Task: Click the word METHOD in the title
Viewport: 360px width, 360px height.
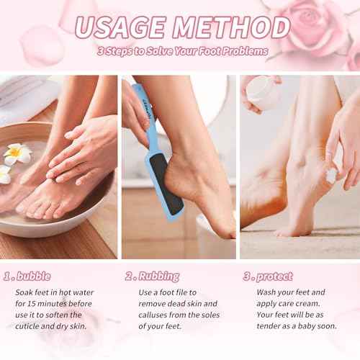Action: tap(228, 27)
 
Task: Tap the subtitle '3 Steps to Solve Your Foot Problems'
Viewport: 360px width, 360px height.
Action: tap(183, 52)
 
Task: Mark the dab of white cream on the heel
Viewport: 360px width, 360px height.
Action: tap(332, 175)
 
